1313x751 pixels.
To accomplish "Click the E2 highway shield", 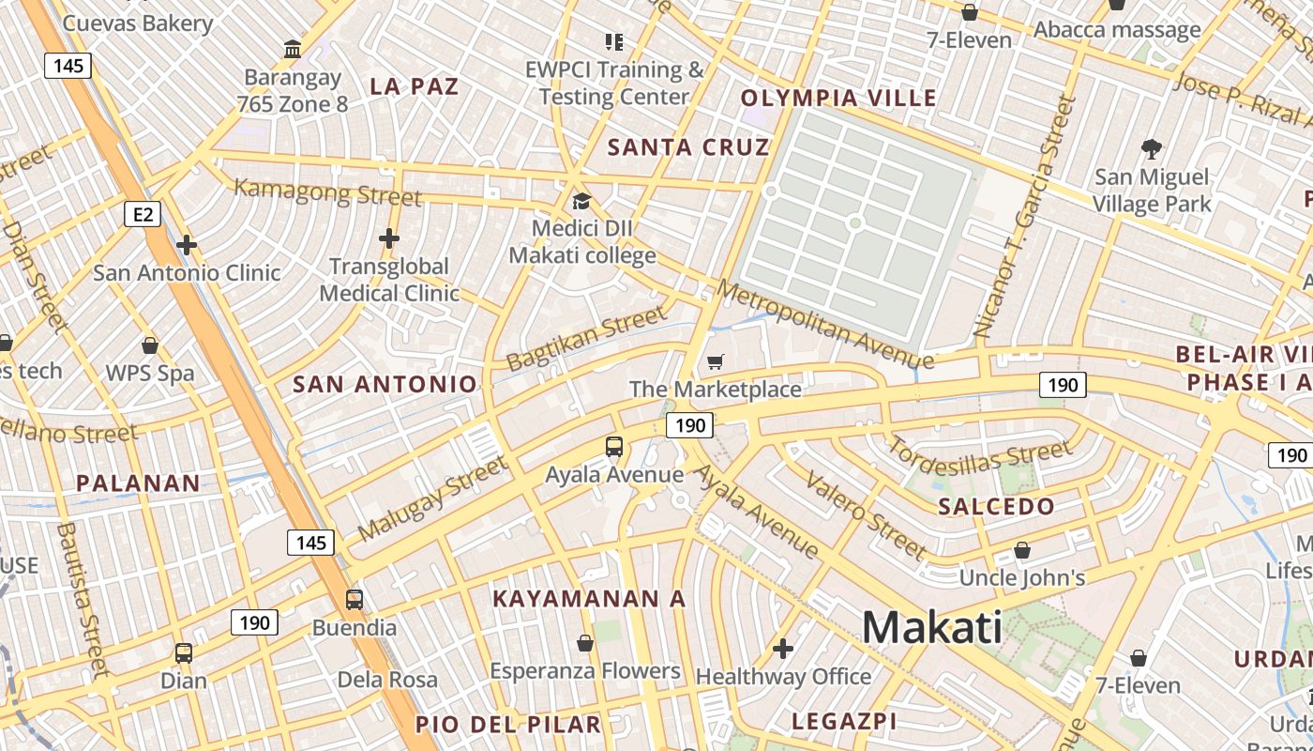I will pyautogui.click(x=143, y=215).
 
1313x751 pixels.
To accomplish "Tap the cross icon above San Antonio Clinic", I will pyautogui.click(x=187, y=245).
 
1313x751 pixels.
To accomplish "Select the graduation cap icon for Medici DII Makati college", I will pyautogui.click(x=581, y=202).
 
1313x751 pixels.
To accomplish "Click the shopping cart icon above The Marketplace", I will pyautogui.click(x=716, y=361).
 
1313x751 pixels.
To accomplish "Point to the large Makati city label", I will pyautogui.click(x=931, y=627).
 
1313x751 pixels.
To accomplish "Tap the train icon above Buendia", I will pyautogui.click(x=355, y=599).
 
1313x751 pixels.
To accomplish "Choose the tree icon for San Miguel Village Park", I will pyautogui.click(x=1152, y=148).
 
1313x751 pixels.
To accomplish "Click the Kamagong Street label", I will pyautogui.click(x=327, y=193).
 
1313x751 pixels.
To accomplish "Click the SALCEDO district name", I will pyautogui.click(x=996, y=507).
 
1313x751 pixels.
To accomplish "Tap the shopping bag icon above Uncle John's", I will pyautogui.click(x=1022, y=550).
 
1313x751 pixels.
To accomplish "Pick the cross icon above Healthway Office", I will pyautogui.click(x=782, y=649).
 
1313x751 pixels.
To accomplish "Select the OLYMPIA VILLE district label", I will pyautogui.click(x=838, y=98).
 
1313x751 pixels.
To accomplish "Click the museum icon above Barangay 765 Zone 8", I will pyautogui.click(x=293, y=49).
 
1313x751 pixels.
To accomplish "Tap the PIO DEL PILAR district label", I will pyautogui.click(x=507, y=724).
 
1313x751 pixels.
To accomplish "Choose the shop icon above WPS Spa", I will pyautogui.click(x=150, y=345).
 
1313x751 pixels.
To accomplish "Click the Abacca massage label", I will pyautogui.click(x=1116, y=30).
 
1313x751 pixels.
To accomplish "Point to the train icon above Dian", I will pyautogui.click(x=184, y=652).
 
